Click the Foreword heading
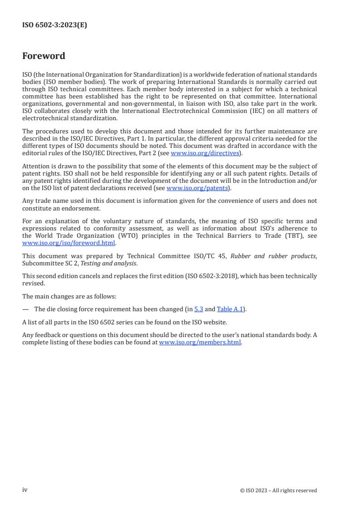click(x=44, y=56)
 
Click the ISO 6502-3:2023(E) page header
click(x=54, y=25)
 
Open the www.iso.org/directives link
click(x=205, y=153)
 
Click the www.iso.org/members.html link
click(x=200, y=343)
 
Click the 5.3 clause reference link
click(x=198, y=309)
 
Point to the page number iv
click(x=25, y=490)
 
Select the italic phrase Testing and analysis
click(x=108, y=263)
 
